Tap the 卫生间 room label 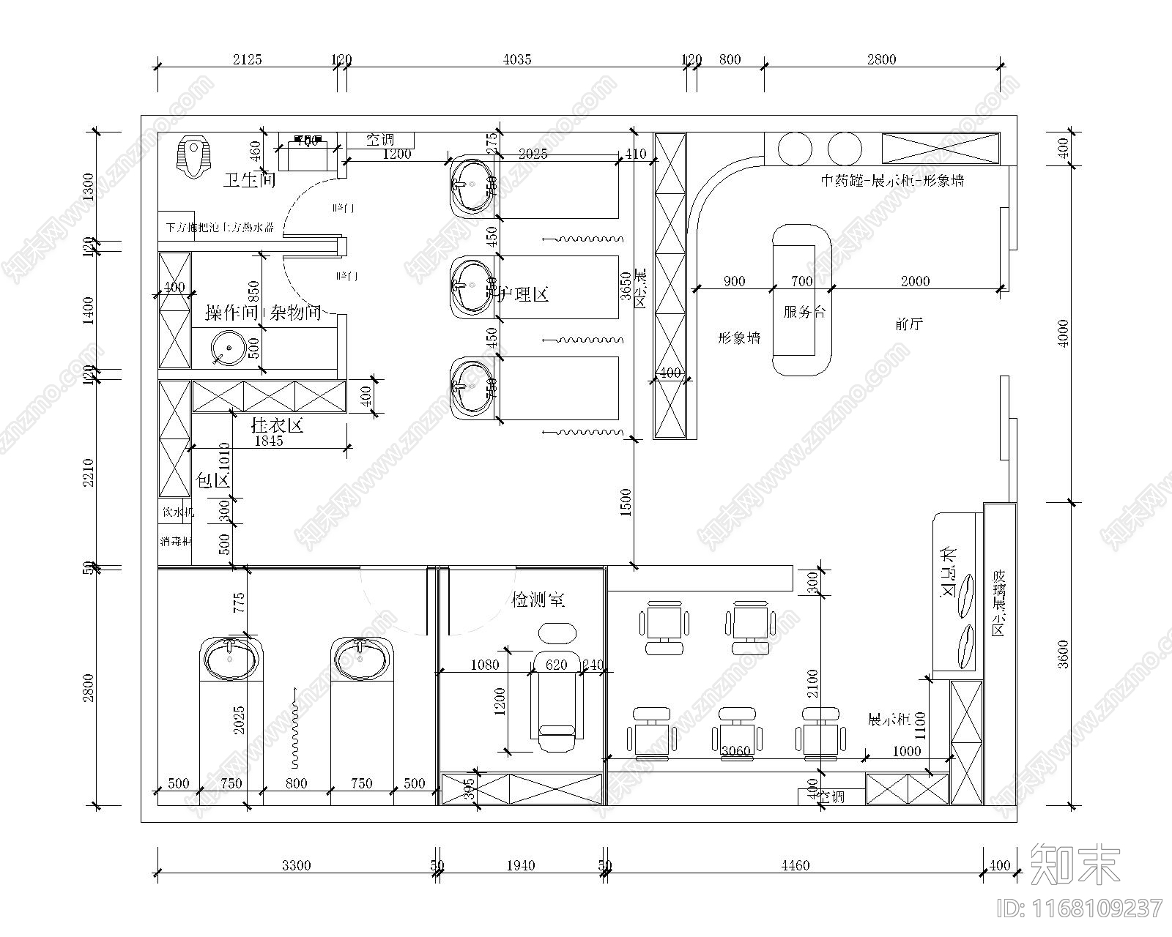249,180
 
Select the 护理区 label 523,295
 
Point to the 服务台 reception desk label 804,312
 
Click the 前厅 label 909,324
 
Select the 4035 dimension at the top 516,59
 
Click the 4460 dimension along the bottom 795,865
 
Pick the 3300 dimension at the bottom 296,865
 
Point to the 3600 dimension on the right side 1064,654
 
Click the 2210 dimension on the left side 89,472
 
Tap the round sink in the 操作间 227,348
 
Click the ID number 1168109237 1080,908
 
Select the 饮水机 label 177,512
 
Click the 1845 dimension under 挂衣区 268,441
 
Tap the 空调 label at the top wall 380,139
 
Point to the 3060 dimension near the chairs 735,751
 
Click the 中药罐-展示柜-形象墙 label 891,180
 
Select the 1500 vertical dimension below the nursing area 626,502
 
